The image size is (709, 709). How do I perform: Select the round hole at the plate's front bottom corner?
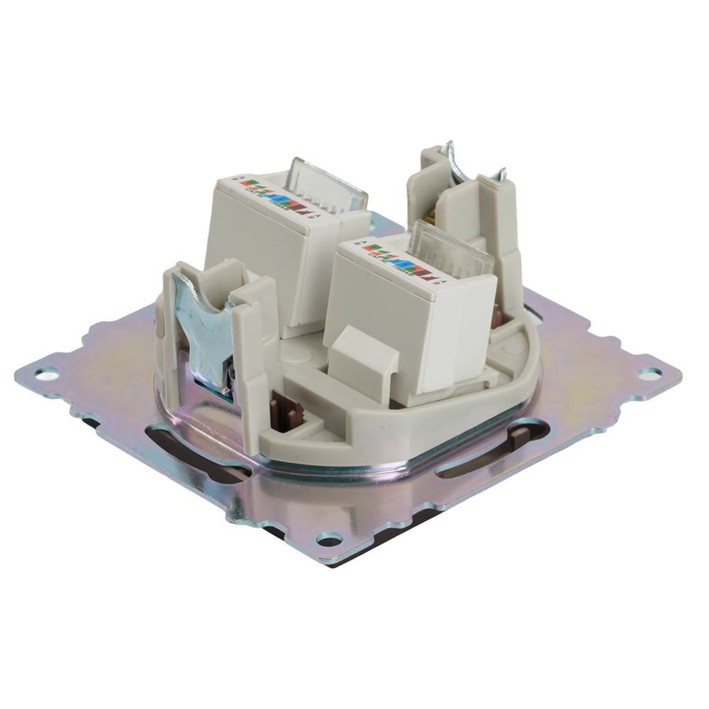pos(328,542)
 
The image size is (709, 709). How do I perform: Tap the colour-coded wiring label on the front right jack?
pos(397,258)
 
